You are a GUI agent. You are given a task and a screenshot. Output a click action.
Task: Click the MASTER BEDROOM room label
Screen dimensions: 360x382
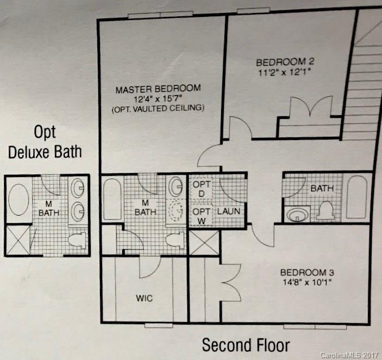coord(158,88)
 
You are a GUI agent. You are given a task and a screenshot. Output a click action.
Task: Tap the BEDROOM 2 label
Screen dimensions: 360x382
coord(286,61)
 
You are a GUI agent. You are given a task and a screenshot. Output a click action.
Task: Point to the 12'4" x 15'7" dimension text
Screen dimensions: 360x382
coord(158,98)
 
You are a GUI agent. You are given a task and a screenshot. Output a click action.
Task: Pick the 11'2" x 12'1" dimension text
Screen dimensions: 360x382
coord(286,71)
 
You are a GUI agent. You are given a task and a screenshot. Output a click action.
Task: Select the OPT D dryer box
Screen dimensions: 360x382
coord(199,189)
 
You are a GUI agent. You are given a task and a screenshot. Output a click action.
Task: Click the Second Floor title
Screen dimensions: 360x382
coord(246,344)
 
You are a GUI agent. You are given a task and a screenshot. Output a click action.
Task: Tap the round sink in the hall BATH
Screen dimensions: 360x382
coord(297,214)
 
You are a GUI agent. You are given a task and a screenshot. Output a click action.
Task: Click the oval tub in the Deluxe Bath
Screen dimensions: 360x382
coord(18,200)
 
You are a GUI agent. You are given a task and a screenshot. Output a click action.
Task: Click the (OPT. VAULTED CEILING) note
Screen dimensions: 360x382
coord(158,109)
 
